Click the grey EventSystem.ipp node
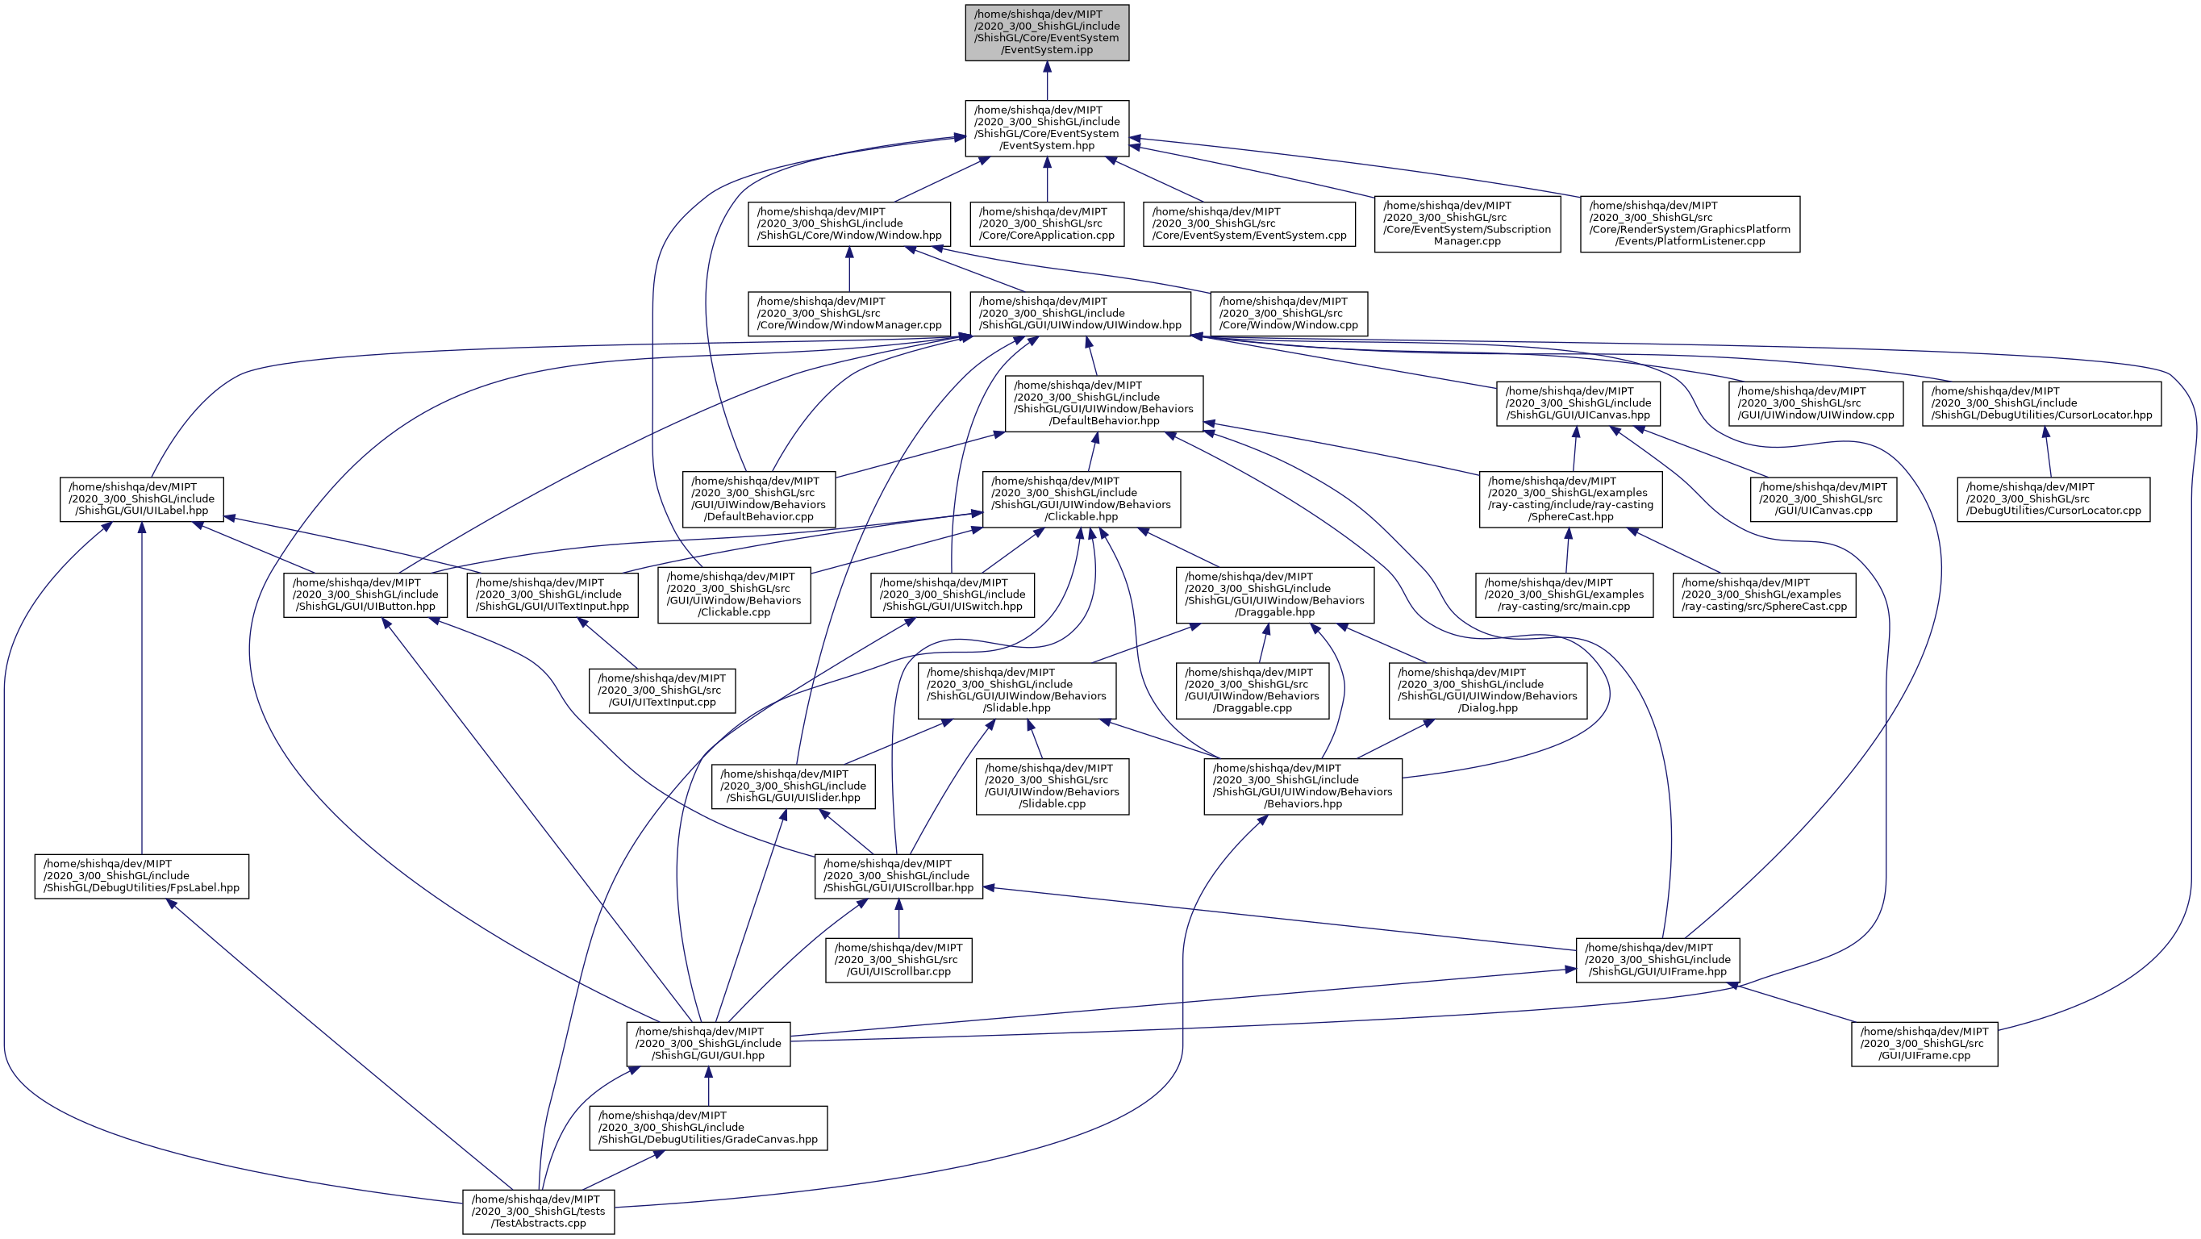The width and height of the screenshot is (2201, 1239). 1047,32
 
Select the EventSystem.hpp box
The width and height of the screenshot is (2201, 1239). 1047,128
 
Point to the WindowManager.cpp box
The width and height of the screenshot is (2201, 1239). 848,314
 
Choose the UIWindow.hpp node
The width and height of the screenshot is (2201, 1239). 1080,314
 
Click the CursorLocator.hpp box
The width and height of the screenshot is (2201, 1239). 2041,403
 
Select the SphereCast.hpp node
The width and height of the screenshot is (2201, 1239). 1570,499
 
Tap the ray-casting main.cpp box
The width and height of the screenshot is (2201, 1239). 1564,594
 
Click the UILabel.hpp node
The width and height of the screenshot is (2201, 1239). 141,499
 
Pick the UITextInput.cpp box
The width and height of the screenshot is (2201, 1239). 661,690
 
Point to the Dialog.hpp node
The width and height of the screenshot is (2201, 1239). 1487,690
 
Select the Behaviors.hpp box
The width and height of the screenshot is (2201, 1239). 1303,786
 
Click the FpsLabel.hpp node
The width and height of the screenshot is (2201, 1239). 141,876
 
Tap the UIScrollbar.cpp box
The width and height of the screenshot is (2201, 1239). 898,960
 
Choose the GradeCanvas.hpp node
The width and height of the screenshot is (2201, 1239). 707,1127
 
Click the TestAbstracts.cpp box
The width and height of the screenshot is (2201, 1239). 537,1211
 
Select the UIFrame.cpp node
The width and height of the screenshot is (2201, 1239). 1924,1043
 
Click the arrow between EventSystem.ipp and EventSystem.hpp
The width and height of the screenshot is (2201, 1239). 1047,81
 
